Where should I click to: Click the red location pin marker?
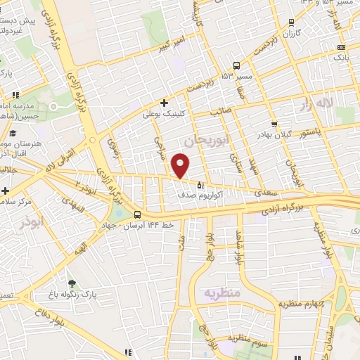(x=181, y=166)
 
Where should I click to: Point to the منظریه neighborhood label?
(x=221, y=292)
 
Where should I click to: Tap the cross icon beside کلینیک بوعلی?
(x=164, y=102)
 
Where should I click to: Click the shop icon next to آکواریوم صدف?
(x=200, y=186)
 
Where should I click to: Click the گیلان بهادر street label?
(x=253, y=133)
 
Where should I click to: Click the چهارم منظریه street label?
(x=300, y=304)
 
